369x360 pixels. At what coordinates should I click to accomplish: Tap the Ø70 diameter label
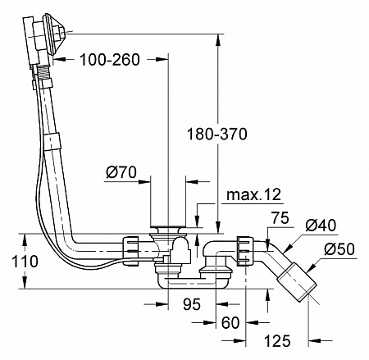click(x=121, y=172)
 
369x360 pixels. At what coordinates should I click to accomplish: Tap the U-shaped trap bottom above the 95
click(x=192, y=284)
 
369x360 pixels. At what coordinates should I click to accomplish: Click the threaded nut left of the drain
click(x=132, y=245)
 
